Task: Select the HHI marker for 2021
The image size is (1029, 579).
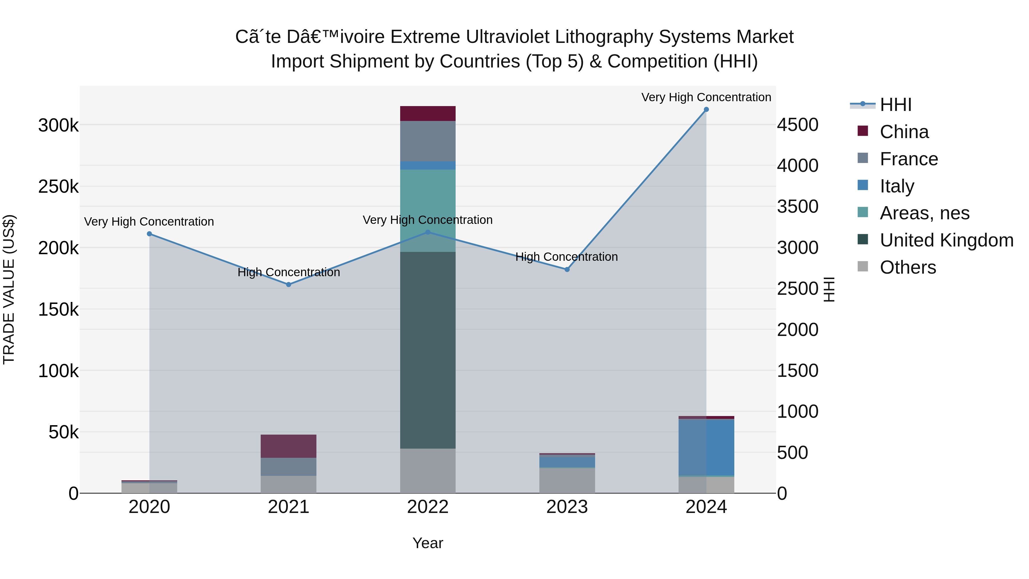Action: coord(288,284)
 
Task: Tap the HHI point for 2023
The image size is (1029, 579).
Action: coord(567,270)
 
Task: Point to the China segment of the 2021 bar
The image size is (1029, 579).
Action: coord(288,446)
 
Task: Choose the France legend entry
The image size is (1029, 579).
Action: coord(908,159)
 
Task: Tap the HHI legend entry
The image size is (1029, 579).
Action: coord(895,105)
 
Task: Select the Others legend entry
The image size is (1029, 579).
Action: coord(907,267)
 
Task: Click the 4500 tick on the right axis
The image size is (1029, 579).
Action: coord(797,125)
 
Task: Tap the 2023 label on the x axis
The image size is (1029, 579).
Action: coord(567,507)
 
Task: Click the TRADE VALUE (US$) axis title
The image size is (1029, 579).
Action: coord(9,289)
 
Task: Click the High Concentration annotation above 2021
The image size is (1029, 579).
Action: coord(288,272)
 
